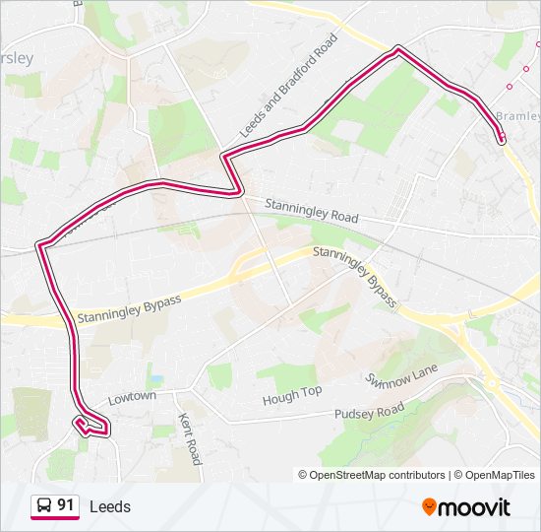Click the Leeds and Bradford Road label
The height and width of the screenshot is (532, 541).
point(288,86)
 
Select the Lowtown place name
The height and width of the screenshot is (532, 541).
point(132,396)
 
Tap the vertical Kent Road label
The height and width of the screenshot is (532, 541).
point(189,438)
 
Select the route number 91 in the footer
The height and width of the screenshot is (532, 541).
point(66,505)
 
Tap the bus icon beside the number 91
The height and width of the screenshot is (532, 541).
point(44,506)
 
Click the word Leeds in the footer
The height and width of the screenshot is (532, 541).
point(109,507)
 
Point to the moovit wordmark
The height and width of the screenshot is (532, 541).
point(474,507)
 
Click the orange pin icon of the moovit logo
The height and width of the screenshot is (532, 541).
point(429,507)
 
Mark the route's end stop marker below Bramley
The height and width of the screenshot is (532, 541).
point(502,139)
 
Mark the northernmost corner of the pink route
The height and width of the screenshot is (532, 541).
point(397,48)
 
